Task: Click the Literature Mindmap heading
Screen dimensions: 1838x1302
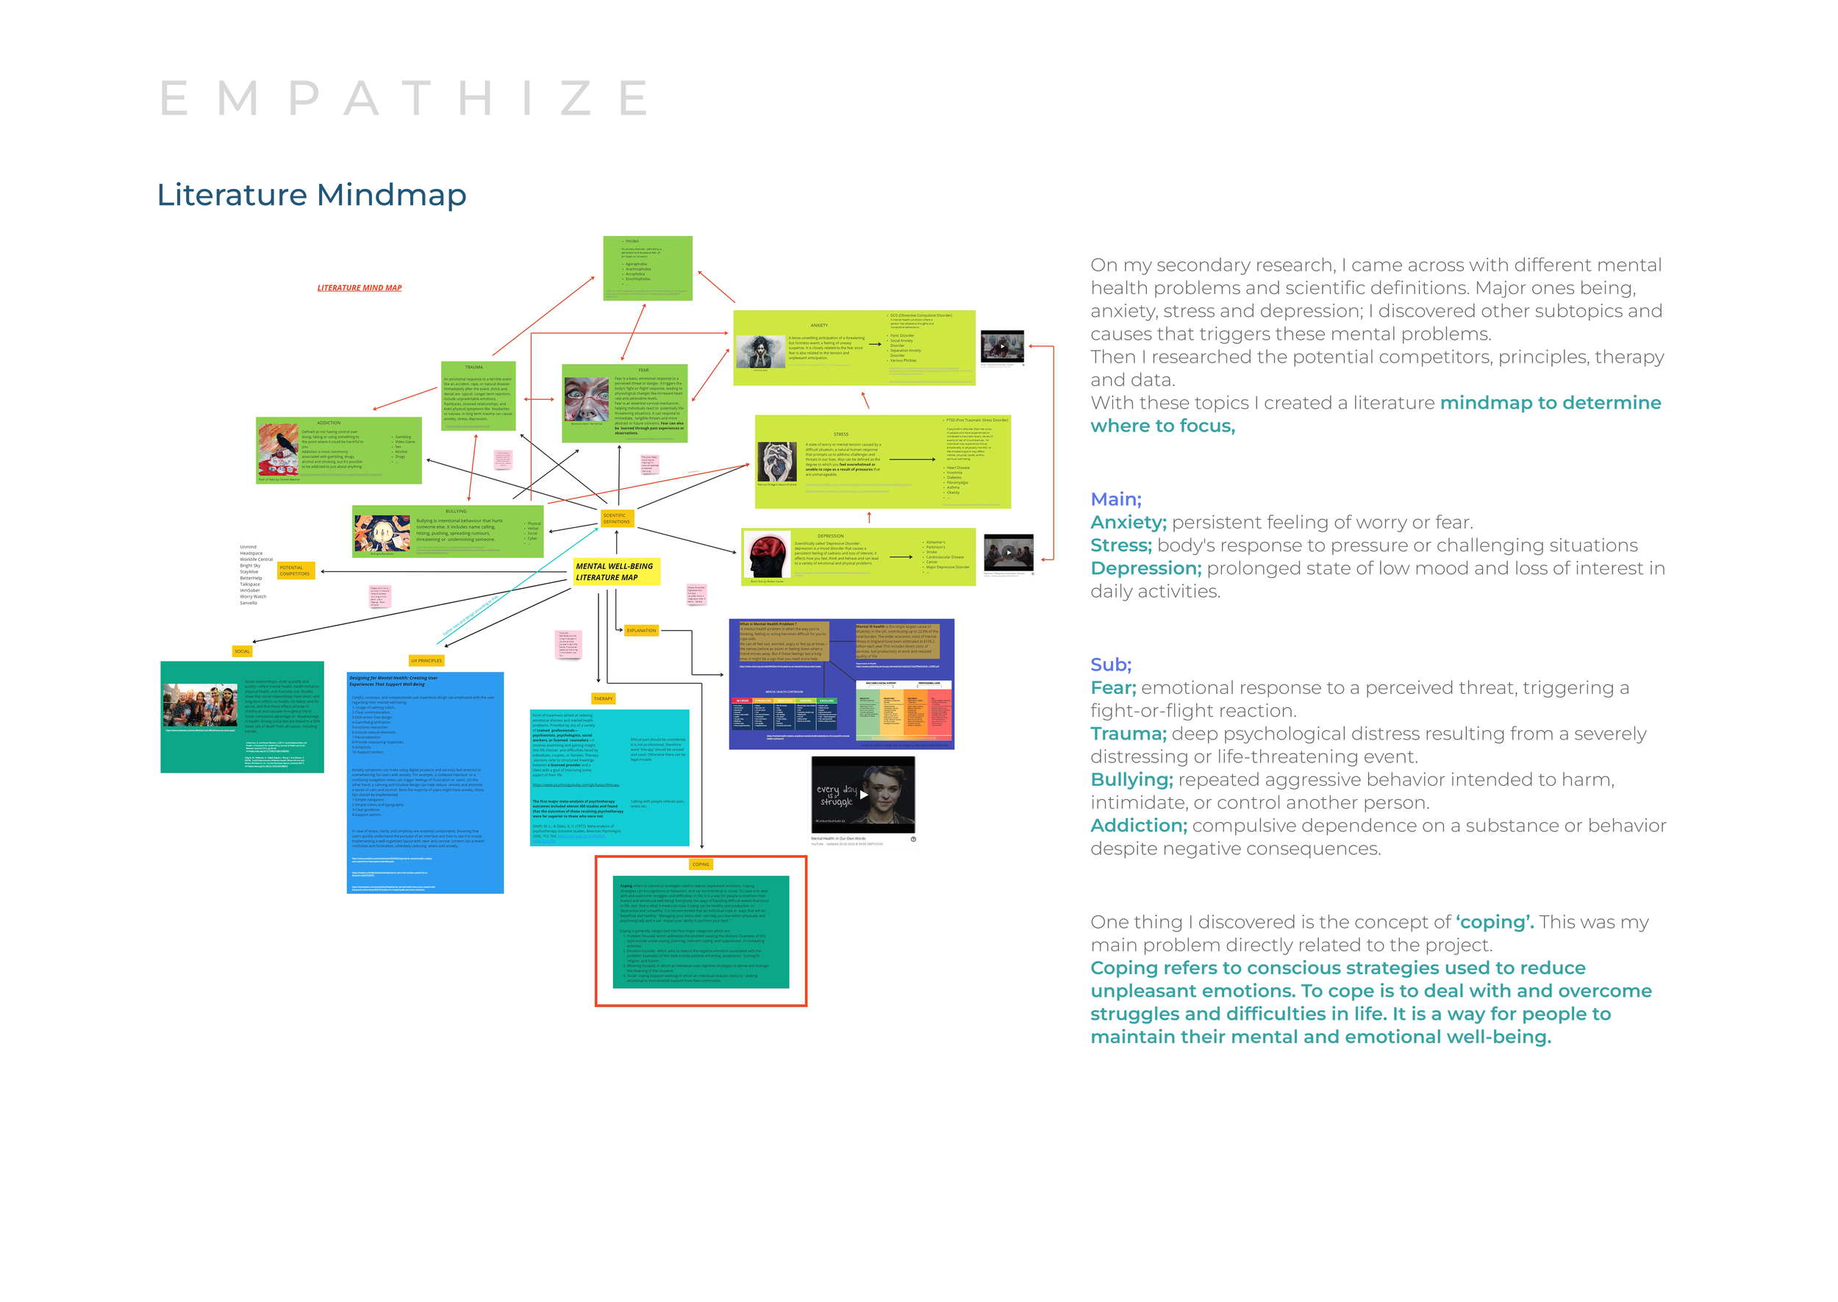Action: (x=311, y=195)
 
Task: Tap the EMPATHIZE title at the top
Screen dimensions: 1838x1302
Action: (x=404, y=99)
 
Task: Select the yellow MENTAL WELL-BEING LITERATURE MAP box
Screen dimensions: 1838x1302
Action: (x=615, y=572)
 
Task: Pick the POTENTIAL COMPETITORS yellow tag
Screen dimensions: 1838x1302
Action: (x=295, y=570)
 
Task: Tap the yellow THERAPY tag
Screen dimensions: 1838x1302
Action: (x=603, y=698)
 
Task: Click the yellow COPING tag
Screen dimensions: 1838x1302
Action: (x=701, y=865)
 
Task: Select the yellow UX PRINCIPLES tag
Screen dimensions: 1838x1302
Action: (x=426, y=661)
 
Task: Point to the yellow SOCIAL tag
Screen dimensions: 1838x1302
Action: (x=242, y=651)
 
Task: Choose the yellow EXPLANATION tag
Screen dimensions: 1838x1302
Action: (x=640, y=630)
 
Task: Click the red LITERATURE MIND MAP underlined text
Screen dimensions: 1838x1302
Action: (x=359, y=287)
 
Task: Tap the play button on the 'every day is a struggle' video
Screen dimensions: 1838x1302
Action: (x=863, y=795)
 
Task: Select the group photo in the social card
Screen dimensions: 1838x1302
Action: (x=199, y=705)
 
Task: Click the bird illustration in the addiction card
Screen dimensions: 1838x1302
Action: (x=278, y=450)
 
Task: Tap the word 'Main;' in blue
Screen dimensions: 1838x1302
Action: (x=1115, y=499)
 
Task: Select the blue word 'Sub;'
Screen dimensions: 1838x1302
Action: (x=1110, y=665)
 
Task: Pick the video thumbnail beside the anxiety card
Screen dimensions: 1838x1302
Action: (x=1002, y=346)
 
